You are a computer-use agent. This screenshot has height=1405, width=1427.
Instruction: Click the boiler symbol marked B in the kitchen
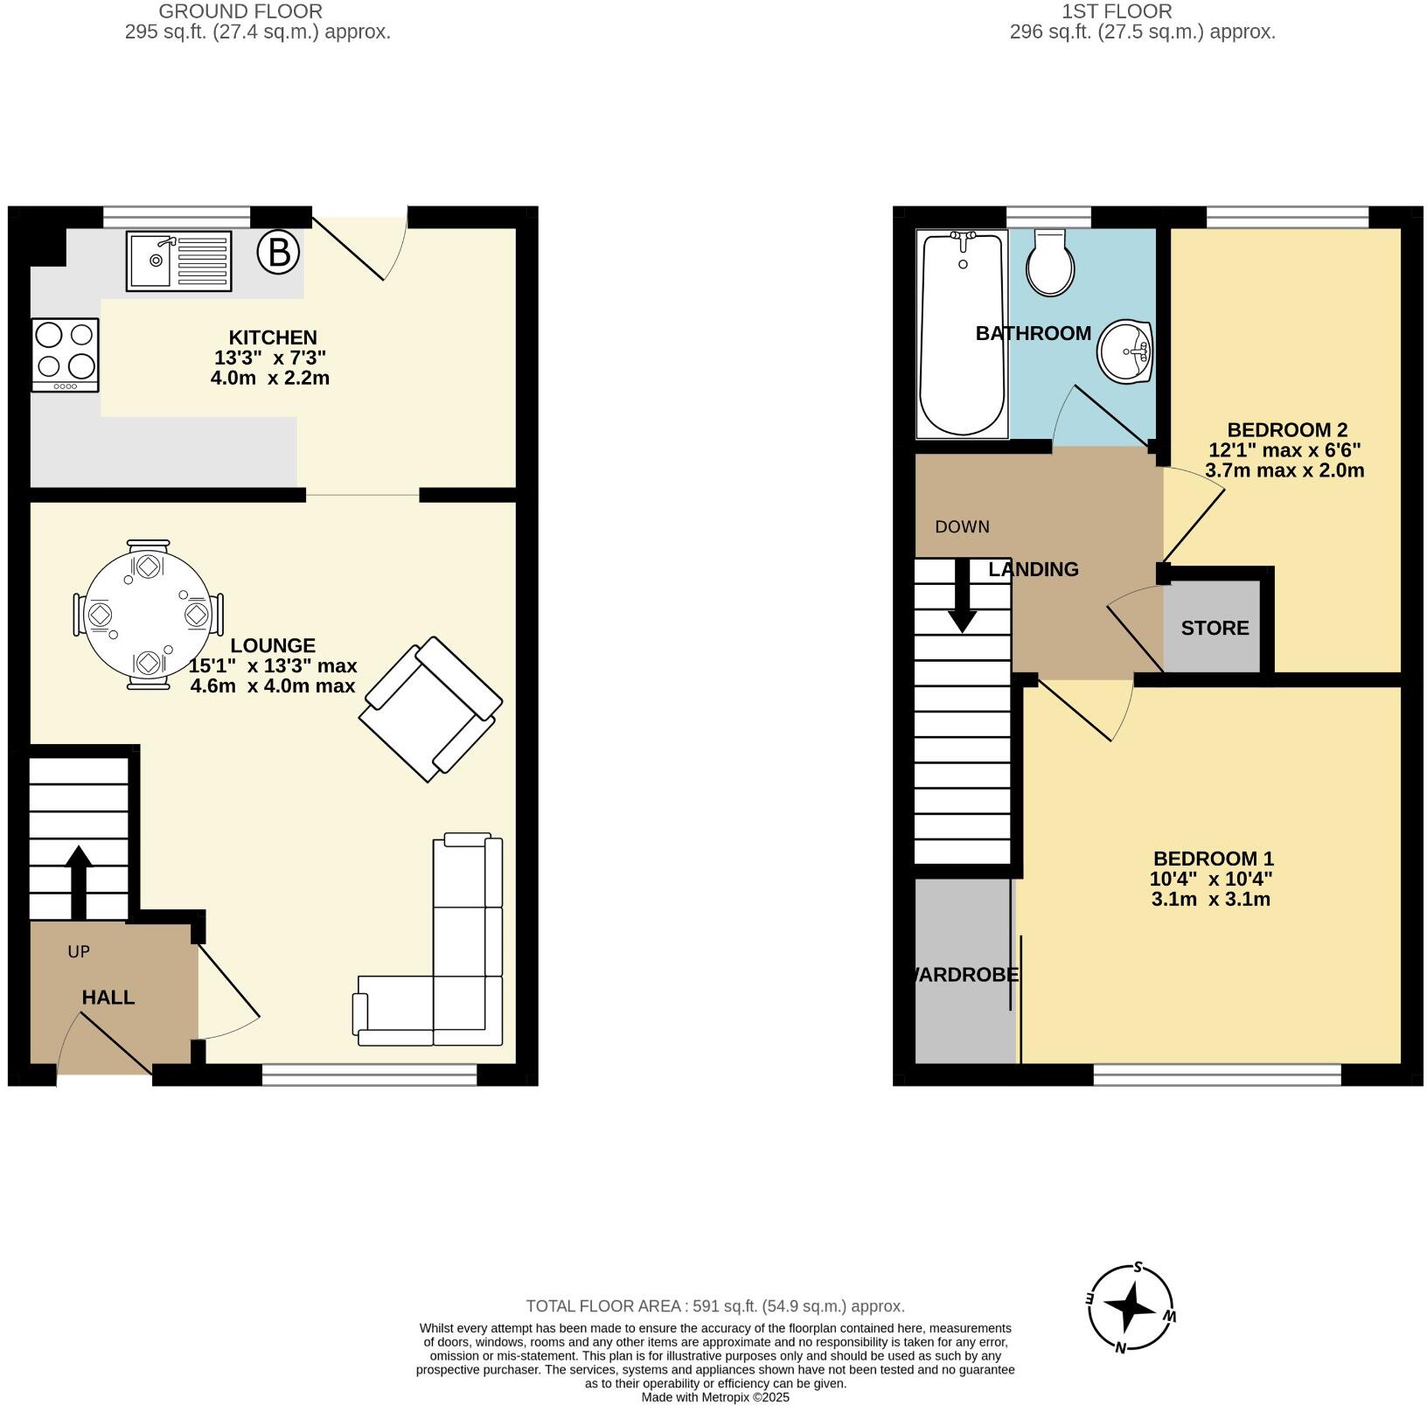point(278,253)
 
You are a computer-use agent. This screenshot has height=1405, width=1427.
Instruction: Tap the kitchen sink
point(178,260)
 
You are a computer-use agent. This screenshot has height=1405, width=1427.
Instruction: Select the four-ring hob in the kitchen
point(66,354)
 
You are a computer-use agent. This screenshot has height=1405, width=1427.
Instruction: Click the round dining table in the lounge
point(148,615)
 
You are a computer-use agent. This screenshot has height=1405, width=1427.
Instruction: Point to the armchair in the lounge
point(430,709)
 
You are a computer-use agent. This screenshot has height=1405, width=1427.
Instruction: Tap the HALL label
point(108,998)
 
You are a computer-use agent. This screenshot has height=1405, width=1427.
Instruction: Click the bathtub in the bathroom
point(962,333)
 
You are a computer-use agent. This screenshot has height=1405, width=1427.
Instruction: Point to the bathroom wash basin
point(1126,351)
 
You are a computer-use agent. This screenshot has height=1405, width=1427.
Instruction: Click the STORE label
point(1215,629)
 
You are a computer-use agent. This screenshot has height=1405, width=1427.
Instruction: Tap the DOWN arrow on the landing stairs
point(962,599)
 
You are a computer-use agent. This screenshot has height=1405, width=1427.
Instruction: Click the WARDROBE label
point(964,975)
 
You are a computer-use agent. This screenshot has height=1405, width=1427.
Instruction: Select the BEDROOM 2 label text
point(1287,430)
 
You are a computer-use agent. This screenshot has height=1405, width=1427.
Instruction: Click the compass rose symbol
point(1131,1307)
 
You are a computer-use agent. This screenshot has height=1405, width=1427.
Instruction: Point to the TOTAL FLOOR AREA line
point(714,1306)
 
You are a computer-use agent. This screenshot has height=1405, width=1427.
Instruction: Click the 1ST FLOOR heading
point(1117,11)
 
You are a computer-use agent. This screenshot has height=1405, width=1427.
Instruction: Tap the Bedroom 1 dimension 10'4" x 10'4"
point(1211,879)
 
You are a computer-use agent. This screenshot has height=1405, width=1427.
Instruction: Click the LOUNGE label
point(273,646)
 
